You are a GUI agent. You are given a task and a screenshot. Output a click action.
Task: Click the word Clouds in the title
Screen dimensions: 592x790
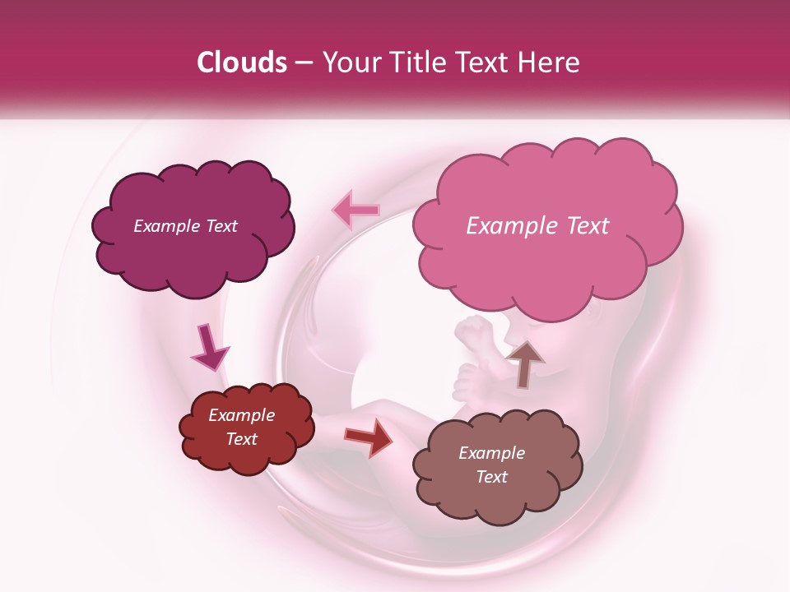tap(242, 62)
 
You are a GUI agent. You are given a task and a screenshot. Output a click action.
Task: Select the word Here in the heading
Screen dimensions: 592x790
tap(549, 62)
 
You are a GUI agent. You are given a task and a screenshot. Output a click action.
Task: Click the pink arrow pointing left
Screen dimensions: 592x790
tap(356, 210)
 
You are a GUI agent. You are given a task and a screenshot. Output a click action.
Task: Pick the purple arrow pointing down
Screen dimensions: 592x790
tap(209, 349)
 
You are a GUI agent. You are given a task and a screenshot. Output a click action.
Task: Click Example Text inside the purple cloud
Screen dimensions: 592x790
tap(185, 226)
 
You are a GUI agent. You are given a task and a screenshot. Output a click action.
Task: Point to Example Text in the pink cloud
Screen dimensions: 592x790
tap(537, 226)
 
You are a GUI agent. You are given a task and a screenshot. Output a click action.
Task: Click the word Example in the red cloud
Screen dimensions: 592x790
tap(241, 415)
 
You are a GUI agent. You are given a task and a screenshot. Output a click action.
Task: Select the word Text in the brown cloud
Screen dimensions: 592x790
tap(491, 477)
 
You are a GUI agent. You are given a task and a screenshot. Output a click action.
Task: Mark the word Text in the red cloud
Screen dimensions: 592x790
tap(241, 439)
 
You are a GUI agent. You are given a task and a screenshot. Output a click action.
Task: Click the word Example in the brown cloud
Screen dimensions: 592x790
tap(491, 453)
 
